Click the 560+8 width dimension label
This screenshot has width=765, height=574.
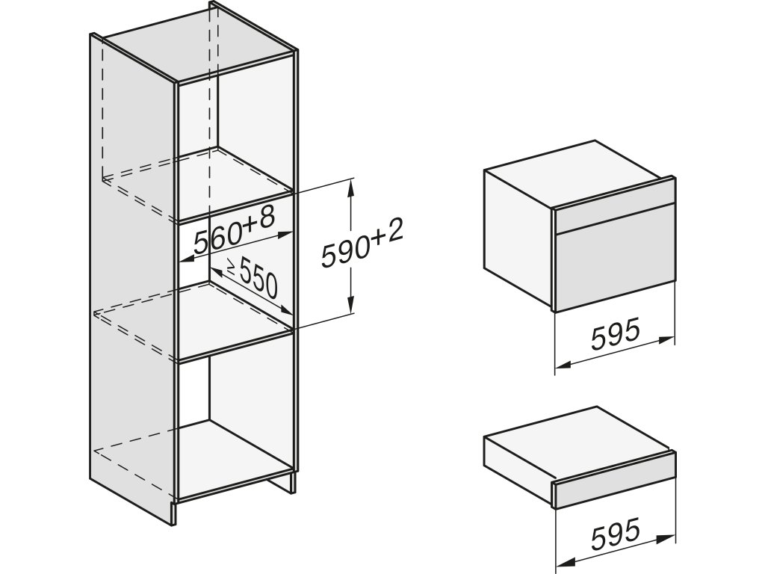(x=234, y=229)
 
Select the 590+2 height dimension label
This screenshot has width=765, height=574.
(x=362, y=246)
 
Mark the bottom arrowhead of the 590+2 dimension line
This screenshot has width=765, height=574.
(x=350, y=309)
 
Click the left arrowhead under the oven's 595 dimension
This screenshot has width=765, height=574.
(x=562, y=366)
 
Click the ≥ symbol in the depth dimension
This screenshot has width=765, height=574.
(x=214, y=268)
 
